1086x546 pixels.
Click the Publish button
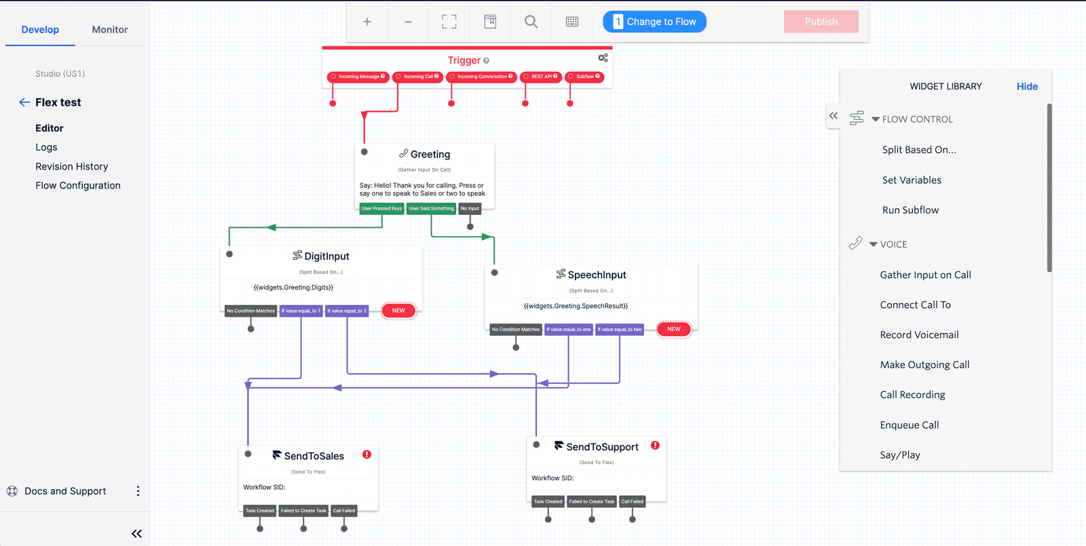(x=821, y=22)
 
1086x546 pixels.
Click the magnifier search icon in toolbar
(x=531, y=22)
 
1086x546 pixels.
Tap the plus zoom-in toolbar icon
(x=367, y=22)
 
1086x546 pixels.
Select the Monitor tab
(x=110, y=30)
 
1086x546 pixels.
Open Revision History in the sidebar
(x=72, y=166)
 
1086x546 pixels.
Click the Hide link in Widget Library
(x=1027, y=86)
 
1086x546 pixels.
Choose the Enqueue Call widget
(x=910, y=425)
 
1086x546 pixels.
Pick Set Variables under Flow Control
(x=912, y=180)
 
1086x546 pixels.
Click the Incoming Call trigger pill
(x=418, y=77)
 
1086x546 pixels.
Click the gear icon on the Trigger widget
(x=603, y=58)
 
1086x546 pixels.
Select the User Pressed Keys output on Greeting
(x=381, y=209)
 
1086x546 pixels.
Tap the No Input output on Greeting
(x=470, y=209)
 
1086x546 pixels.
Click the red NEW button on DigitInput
(x=398, y=311)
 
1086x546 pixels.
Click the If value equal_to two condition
(x=619, y=330)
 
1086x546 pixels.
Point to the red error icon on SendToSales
(x=367, y=454)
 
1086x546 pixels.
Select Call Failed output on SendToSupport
(x=632, y=502)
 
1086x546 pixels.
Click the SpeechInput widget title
(x=597, y=275)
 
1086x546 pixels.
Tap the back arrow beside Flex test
(x=24, y=102)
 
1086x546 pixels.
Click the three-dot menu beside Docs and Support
(x=138, y=491)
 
